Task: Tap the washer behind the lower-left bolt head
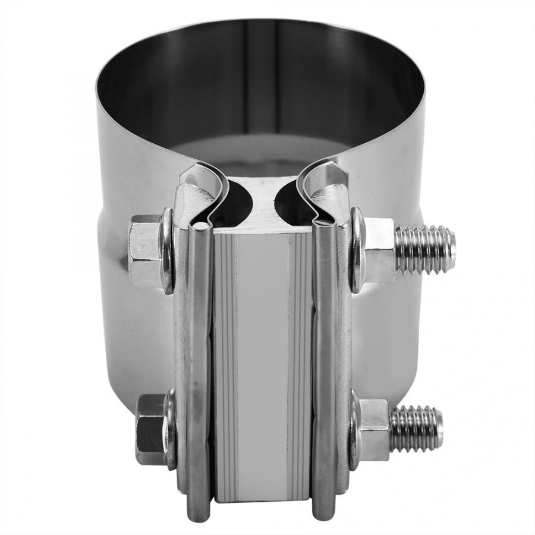(x=171, y=428)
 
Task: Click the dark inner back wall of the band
(x=262, y=77)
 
